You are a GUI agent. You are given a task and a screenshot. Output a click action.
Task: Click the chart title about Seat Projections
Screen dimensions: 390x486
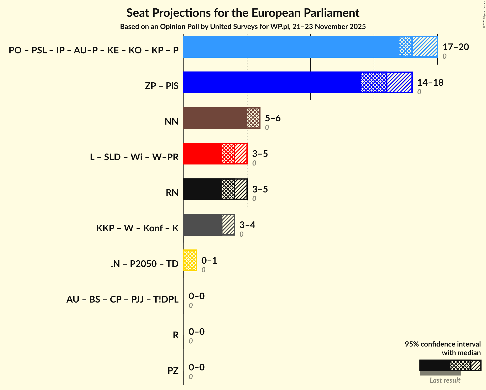coord(243,13)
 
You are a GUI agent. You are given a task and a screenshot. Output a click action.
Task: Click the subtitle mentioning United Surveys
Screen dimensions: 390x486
coord(243,27)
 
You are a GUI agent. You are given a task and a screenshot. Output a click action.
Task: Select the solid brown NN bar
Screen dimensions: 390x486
coord(215,118)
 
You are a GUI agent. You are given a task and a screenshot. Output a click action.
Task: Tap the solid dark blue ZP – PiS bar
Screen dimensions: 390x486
coord(272,82)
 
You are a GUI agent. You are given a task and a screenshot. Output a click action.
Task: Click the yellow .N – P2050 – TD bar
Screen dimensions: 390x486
coord(190,260)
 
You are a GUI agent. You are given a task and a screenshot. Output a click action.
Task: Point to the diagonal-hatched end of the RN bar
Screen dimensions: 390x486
coord(241,189)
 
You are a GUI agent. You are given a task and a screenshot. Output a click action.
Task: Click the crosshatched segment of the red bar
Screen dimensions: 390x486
coord(228,154)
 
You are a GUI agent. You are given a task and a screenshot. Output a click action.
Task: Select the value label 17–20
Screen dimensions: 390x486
coord(456,47)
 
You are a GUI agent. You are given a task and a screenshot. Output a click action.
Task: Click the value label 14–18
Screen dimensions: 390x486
coord(430,83)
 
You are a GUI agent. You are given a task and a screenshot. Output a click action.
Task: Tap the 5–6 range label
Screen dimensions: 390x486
coord(273,118)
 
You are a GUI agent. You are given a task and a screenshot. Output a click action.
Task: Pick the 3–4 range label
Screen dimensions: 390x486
coord(247,225)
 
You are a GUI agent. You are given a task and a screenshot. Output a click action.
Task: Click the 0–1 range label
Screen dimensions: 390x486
coord(209,261)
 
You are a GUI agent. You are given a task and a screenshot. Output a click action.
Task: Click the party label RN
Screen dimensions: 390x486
coord(172,193)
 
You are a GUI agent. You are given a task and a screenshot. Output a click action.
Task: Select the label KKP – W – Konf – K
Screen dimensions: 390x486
coord(137,228)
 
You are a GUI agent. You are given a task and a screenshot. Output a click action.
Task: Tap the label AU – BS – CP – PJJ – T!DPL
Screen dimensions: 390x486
coord(122,299)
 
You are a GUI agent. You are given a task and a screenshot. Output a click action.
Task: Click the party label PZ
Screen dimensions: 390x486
coord(173,371)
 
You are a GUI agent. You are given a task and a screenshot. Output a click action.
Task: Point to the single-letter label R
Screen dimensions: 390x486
coord(176,335)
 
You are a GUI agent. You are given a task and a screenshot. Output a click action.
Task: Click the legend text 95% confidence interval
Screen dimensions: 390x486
coord(443,344)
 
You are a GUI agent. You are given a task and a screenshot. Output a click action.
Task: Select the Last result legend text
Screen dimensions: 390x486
coord(445,380)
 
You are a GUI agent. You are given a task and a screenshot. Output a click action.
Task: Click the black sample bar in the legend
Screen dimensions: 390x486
coord(434,365)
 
